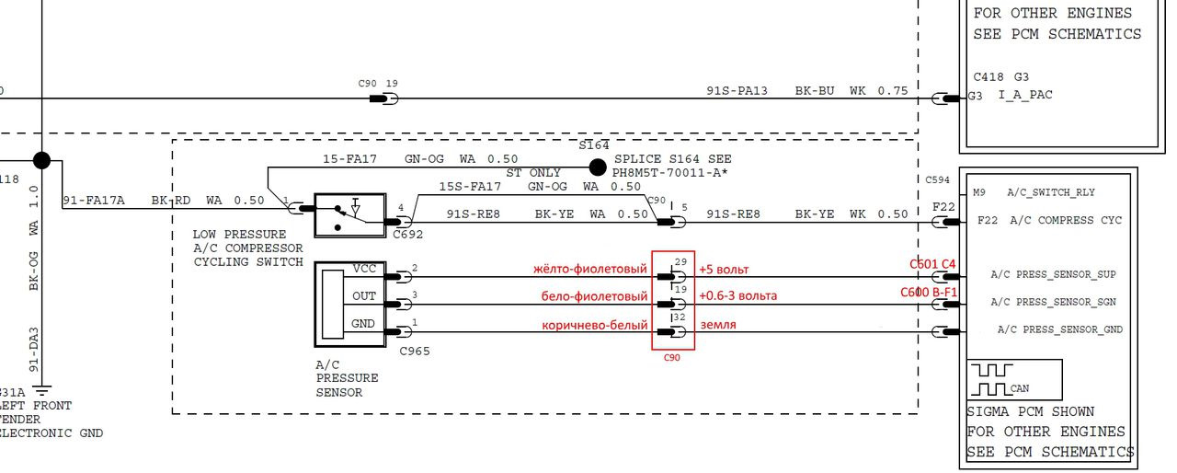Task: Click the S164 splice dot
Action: (598, 167)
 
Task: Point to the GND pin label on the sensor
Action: (364, 325)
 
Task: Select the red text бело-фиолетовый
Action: (593, 297)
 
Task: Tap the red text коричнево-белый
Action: (595, 325)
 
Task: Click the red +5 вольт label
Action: (724, 271)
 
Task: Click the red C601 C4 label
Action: (932, 265)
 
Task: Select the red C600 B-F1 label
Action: (929, 293)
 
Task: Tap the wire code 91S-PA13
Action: (737, 91)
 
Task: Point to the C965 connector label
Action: (414, 351)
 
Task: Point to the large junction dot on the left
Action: (40, 161)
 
